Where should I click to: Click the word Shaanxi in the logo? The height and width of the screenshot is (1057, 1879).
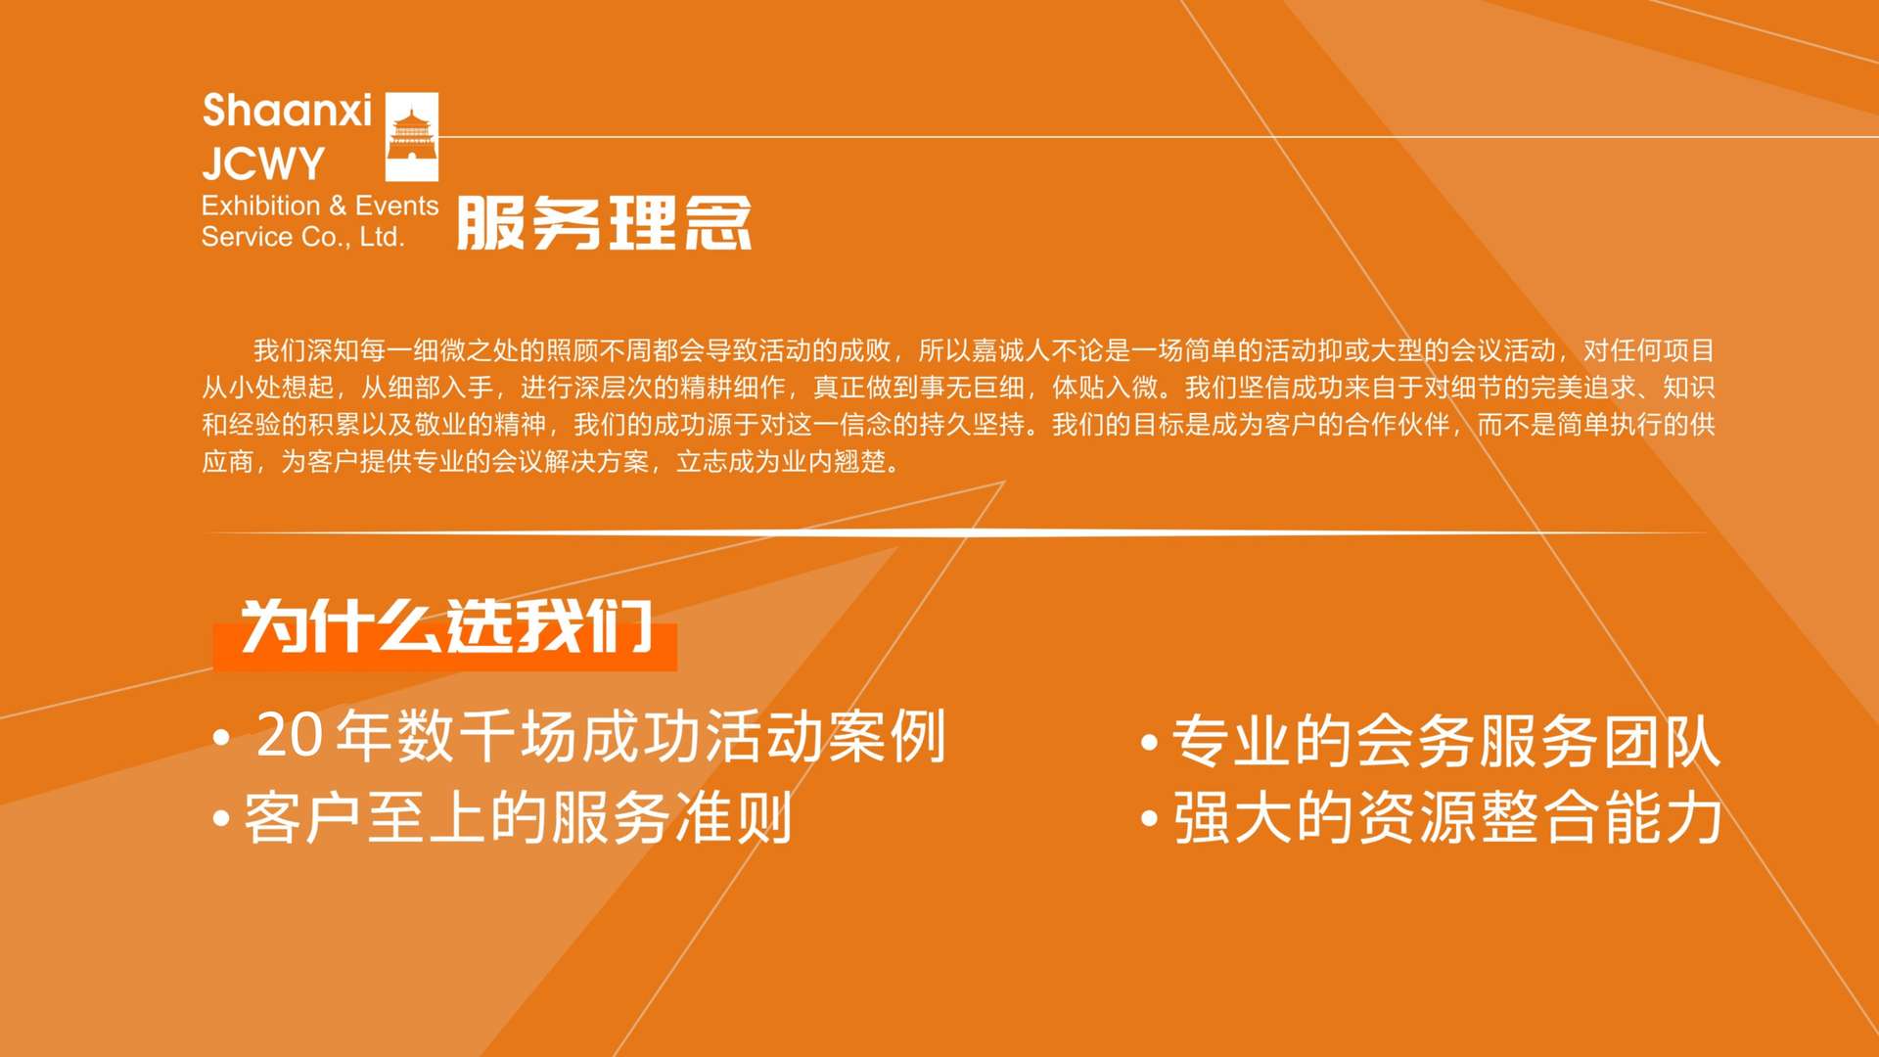[287, 111]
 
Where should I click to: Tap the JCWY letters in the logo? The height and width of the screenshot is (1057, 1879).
[263, 163]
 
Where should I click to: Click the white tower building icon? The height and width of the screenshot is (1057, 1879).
[412, 137]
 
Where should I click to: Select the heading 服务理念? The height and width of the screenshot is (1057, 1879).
[604, 223]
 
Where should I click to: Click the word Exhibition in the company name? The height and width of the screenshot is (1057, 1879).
[261, 206]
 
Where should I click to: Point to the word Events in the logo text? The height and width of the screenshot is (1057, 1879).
[397, 206]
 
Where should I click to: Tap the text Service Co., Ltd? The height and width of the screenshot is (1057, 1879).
[303, 237]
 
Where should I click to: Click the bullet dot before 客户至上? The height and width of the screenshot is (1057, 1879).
[221, 817]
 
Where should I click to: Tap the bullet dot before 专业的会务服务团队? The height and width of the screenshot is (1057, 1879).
[1150, 742]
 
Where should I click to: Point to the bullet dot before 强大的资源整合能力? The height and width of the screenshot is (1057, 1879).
[1150, 818]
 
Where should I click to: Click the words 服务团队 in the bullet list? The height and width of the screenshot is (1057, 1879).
[1599, 741]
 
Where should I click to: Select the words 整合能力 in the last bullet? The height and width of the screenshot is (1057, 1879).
[1601, 817]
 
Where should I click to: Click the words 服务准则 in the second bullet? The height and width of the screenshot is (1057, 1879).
[672, 817]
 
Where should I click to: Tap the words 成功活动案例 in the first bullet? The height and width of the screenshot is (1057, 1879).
[763, 736]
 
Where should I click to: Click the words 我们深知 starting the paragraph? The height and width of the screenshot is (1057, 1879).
[306, 350]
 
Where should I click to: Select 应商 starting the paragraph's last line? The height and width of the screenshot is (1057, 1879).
[228, 461]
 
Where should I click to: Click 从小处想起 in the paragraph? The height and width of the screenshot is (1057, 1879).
[267, 388]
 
